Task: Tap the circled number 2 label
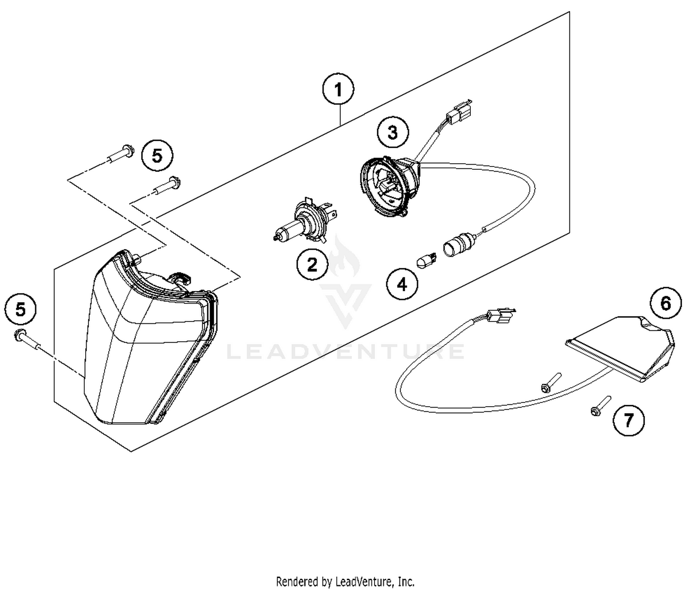[x=312, y=264]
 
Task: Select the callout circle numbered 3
[x=392, y=133]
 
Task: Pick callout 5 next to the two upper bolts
[x=157, y=156]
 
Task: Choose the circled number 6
[x=666, y=304]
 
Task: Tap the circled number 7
[x=628, y=420]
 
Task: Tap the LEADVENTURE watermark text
[x=345, y=351]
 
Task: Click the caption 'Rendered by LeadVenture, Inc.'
[x=345, y=581]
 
